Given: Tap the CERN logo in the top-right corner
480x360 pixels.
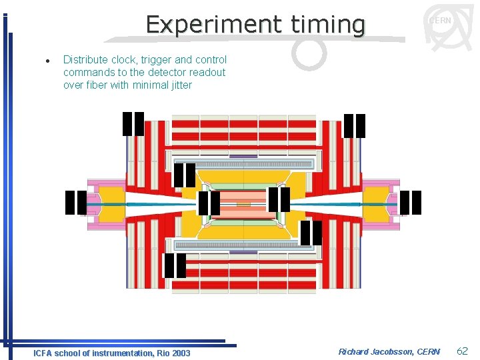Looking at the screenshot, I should tap(441, 27).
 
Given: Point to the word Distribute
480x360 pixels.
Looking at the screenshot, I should tap(85, 60).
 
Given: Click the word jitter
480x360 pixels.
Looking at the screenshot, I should tap(178, 85).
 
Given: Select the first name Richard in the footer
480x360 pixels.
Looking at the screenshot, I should tap(354, 352).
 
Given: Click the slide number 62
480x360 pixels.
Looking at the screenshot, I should tap(462, 351).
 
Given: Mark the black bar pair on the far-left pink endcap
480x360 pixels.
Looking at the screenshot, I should tap(76, 203).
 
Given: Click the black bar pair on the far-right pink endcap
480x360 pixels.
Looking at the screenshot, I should tap(411, 203).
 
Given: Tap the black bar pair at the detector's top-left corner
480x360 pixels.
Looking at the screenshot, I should tap(133, 124).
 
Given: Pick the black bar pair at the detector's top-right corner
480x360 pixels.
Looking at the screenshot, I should tap(355, 126).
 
